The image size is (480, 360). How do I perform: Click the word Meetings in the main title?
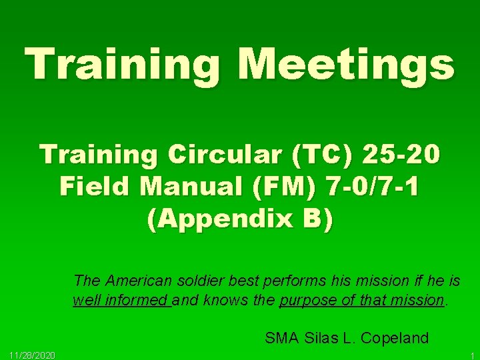tap(346, 65)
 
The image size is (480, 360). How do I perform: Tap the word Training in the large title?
tap(121, 65)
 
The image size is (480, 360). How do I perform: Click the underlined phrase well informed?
tap(121, 300)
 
